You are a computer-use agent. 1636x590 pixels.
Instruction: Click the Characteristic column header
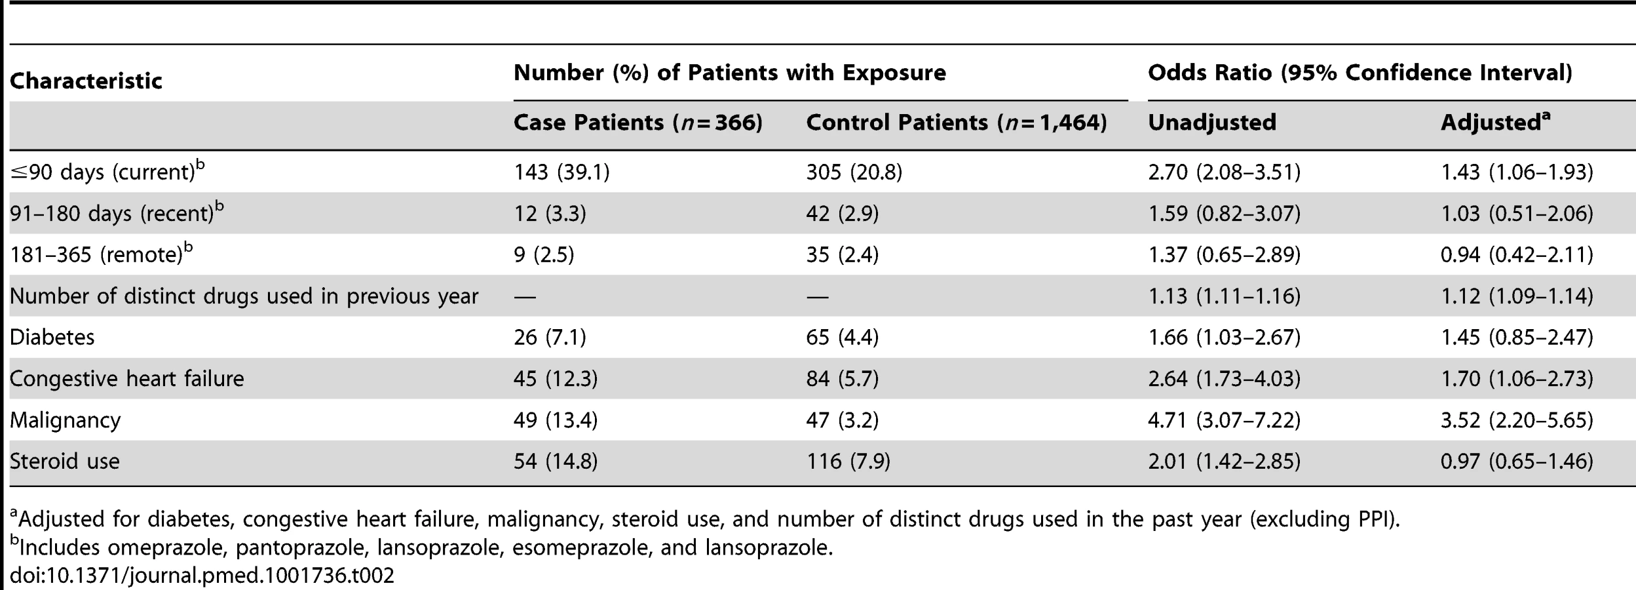[x=86, y=81]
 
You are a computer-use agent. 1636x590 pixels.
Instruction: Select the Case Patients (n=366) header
[x=637, y=123]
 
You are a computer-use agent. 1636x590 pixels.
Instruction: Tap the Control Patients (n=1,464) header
[x=956, y=123]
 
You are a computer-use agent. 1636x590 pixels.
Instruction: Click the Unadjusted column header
[x=1212, y=123]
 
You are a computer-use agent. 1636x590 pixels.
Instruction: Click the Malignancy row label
[x=65, y=420]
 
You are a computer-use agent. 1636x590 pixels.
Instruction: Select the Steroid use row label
[x=64, y=461]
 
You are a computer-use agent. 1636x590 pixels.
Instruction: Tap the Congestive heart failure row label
[x=126, y=379]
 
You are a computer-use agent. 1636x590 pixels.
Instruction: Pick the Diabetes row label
[x=52, y=337]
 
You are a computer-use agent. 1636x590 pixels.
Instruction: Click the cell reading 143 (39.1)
[x=561, y=172]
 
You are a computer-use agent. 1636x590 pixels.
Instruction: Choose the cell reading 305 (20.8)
[x=854, y=172]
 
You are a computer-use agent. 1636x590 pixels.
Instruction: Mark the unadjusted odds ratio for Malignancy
[x=1224, y=420]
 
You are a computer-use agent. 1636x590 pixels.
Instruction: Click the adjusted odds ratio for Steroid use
[x=1516, y=461]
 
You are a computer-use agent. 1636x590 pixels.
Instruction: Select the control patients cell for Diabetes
[x=842, y=337]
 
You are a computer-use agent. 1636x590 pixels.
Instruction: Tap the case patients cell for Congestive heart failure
[x=555, y=379]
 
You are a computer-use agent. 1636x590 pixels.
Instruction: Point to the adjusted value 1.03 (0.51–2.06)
[x=1516, y=214]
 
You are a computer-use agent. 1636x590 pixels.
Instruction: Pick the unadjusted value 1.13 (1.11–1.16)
[x=1224, y=296]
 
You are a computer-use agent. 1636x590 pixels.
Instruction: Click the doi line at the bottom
[x=202, y=576]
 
